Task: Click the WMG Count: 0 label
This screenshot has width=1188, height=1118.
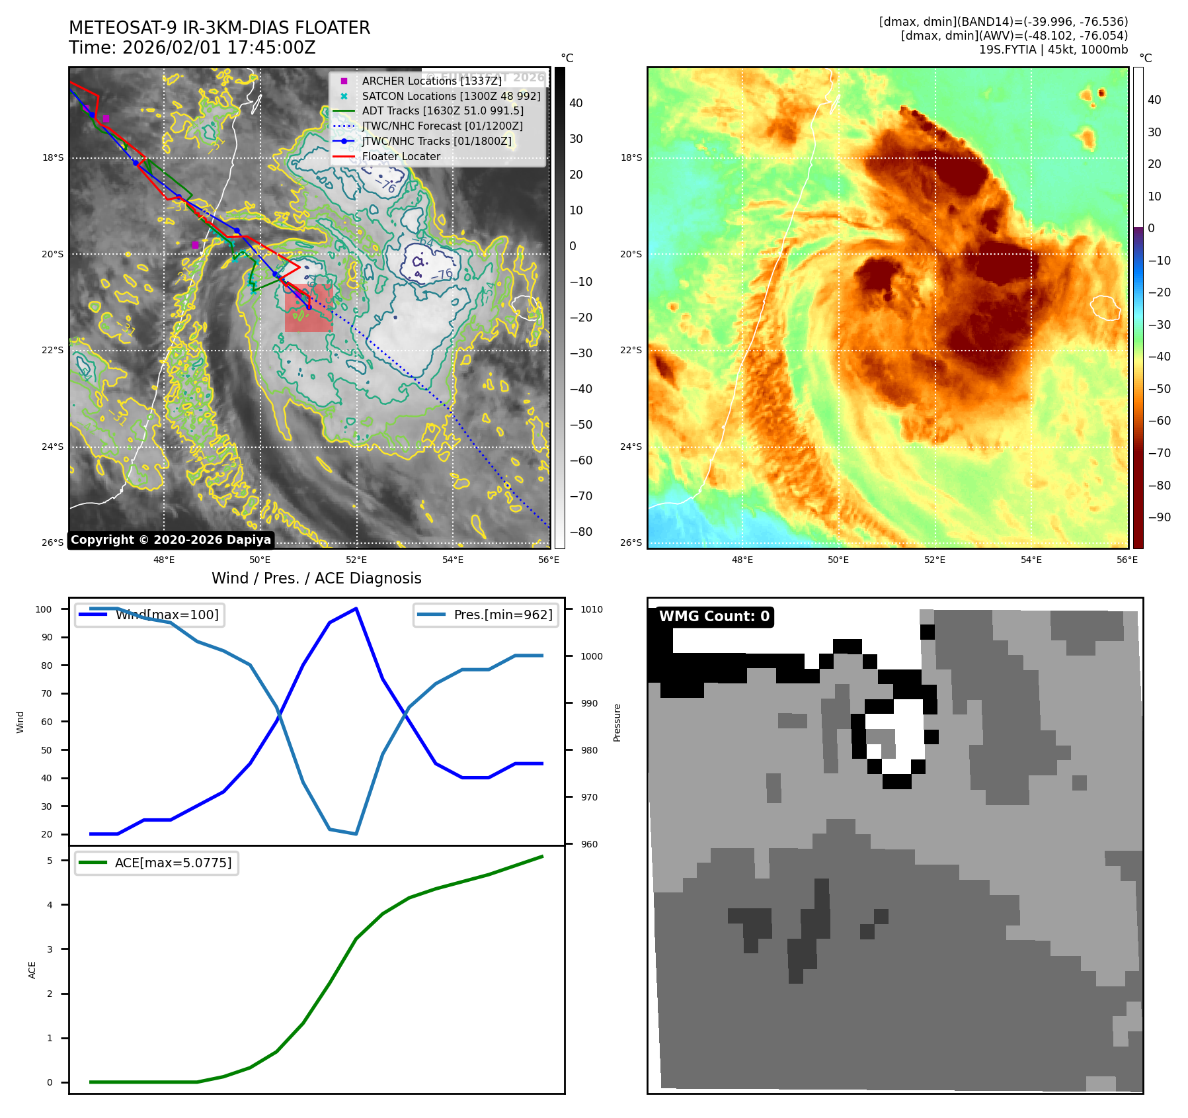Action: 714,617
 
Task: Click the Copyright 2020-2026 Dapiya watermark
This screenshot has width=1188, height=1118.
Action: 171,540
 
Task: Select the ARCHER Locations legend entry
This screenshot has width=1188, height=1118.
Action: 431,81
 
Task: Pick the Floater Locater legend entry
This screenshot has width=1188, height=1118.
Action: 401,157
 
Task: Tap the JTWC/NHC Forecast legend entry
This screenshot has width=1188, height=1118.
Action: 442,126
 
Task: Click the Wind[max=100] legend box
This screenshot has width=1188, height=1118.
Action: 149,615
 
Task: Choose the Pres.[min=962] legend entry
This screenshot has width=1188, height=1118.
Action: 486,615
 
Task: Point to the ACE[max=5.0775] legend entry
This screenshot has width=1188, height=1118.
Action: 157,863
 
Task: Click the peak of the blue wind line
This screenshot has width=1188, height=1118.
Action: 356,609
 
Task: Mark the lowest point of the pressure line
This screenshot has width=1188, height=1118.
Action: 356,834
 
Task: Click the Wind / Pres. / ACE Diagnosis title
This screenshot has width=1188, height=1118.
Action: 316,578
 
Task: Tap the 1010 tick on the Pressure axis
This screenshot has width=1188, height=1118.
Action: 592,609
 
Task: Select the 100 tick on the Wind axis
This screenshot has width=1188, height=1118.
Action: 44,609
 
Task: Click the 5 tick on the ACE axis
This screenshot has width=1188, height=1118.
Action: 50,861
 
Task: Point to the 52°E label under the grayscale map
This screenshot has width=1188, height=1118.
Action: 356,560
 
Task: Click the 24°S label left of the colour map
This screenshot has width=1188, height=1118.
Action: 631,447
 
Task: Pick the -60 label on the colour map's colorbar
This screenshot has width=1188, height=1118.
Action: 1159,421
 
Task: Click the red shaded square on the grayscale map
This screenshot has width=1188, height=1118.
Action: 309,308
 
